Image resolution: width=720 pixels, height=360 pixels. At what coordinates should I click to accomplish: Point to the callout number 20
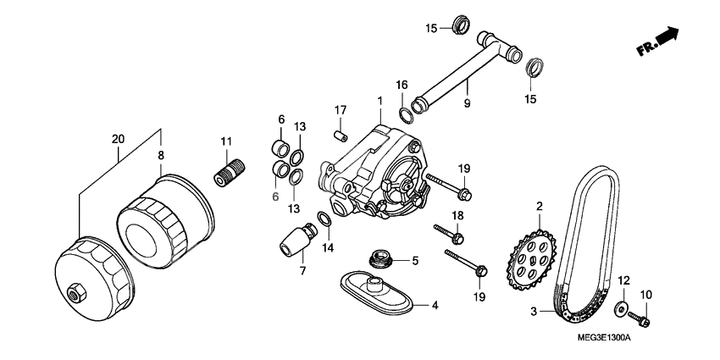coord(118,139)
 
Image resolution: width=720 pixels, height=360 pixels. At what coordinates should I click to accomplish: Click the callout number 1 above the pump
coord(380,101)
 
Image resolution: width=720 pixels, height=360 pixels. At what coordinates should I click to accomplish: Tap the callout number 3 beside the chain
coord(534,312)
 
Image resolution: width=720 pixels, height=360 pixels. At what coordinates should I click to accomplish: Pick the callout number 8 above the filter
coord(159,156)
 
